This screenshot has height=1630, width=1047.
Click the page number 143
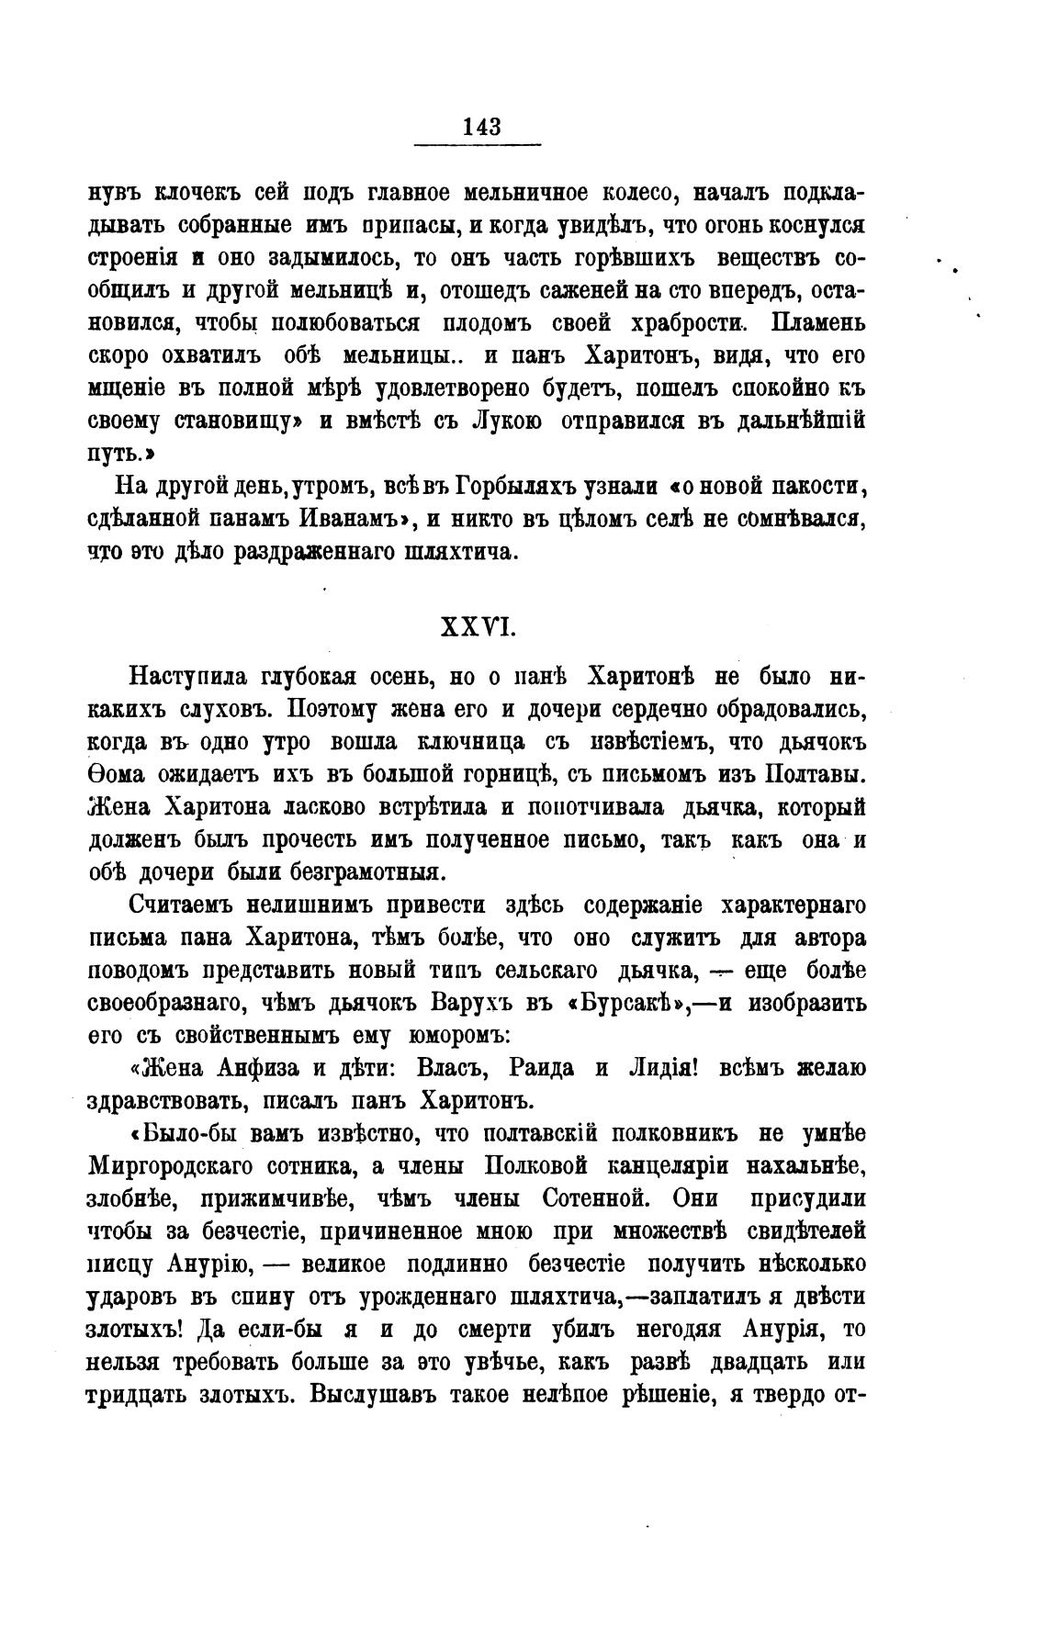[x=482, y=127]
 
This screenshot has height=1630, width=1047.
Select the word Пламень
[x=816, y=323]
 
